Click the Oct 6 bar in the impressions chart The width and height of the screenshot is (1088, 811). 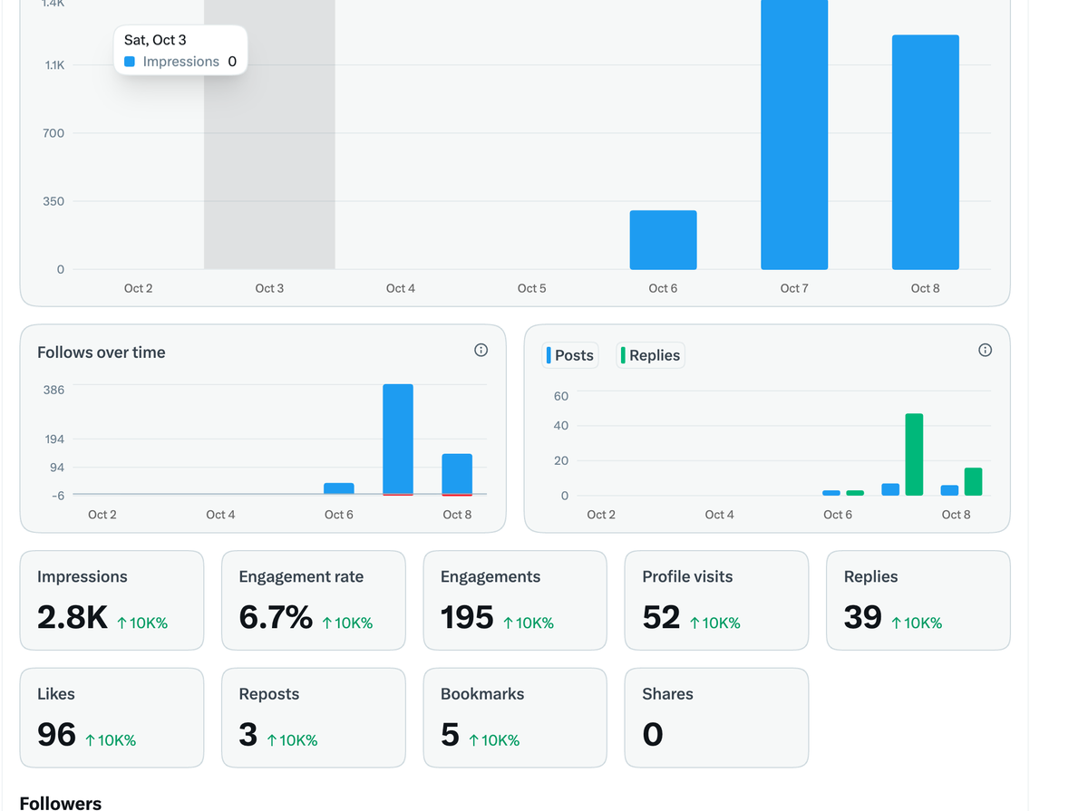tap(663, 240)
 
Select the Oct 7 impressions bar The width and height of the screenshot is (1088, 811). tap(794, 135)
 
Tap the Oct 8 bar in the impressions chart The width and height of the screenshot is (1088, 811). tap(925, 152)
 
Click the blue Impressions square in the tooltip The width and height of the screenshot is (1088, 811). tap(130, 62)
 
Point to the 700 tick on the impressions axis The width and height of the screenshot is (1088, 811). tap(53, 133)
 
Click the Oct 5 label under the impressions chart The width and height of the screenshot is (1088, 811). tap(531, 288)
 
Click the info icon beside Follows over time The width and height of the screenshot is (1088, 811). tap(481, 351)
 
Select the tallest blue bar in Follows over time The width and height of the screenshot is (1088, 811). tap(397, 439)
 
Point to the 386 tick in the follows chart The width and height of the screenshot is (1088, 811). tap(53, 390)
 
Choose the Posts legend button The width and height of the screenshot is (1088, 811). tap(569, 355)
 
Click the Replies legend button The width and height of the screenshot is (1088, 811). tap(650, 355)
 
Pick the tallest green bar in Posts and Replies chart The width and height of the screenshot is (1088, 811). tap(914, 454)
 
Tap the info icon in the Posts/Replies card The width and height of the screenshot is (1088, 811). tap(985, 351)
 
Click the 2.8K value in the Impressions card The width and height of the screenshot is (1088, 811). tap(73, 617)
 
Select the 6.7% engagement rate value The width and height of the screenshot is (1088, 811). tap(276, 617)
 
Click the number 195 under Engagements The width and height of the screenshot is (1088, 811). tap(467, 617)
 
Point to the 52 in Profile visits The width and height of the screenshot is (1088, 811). tap(661, 617)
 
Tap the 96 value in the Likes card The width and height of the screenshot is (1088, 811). tap(56, 734)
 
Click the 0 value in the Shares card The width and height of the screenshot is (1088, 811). tap(652, 734)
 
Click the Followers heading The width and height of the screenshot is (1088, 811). tap(61, 803)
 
